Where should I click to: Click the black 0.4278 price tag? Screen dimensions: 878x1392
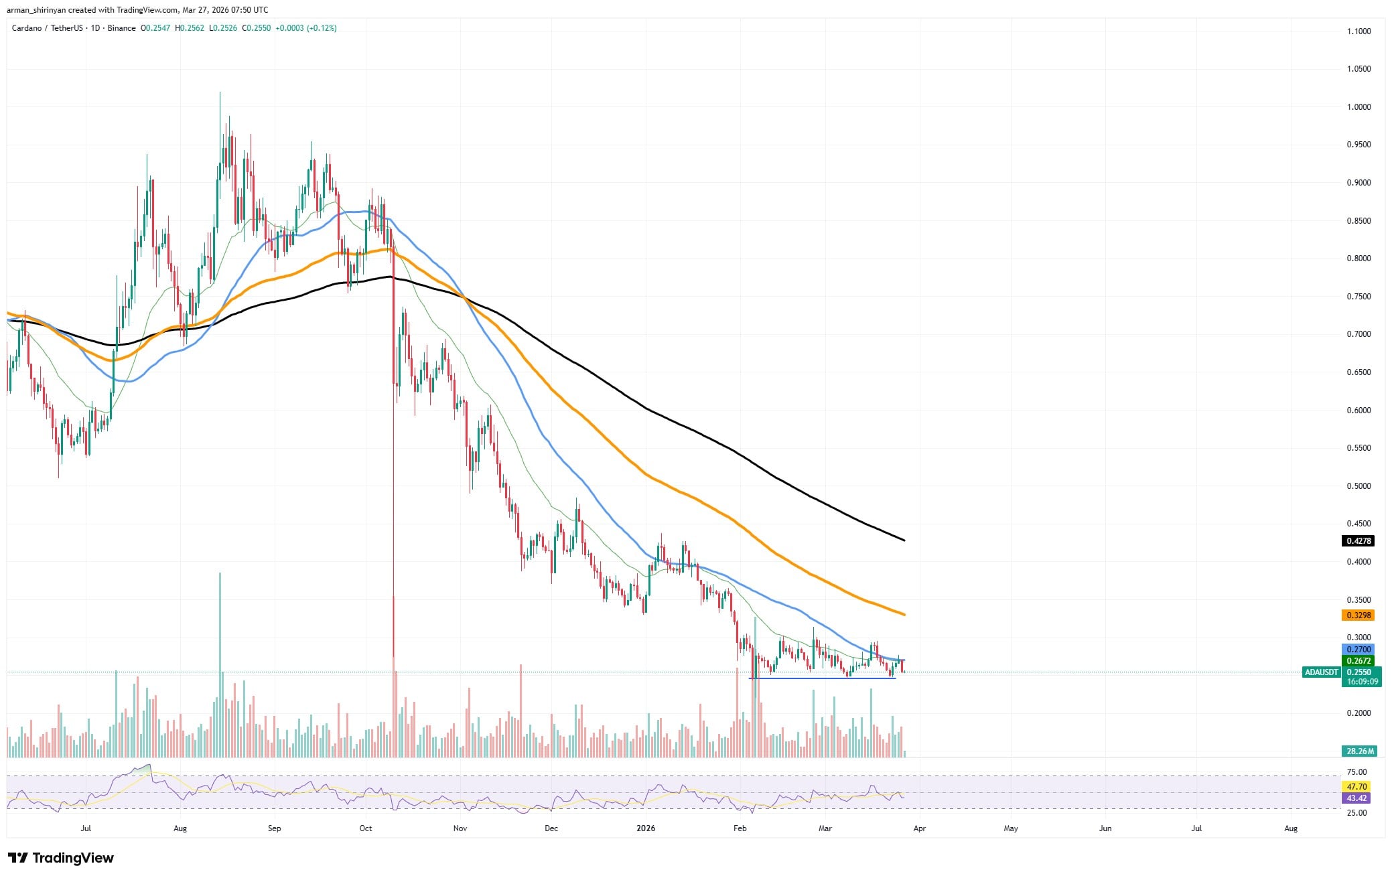(x=1357, y=540)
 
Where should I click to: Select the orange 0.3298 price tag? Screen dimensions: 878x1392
(x=1357, y=615)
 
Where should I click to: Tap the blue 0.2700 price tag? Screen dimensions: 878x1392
(x=1357, y=649)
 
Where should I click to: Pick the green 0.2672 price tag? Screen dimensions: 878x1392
(x=1357, y=660)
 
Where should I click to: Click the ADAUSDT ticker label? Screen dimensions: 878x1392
(x=1321, y=672)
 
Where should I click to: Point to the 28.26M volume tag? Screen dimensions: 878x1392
(x=1357, y=751)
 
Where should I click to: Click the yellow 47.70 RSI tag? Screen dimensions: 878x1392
(x=1357, y=786)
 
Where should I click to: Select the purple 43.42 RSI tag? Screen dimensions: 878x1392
(x=1357, y=798)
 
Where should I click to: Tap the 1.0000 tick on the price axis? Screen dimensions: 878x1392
(x=1353, y=107)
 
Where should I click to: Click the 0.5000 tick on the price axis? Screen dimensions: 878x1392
(x=1353, y=486)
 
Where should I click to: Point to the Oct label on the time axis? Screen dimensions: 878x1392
(x=366, y=828)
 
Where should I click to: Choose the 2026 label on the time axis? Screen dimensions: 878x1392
(x=645, y=828)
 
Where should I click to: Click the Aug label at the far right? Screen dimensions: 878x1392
(x=1291, y=828)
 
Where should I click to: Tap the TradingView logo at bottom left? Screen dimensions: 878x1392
(x=61, y=858)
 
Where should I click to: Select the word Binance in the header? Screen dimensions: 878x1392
(x=122, y=28)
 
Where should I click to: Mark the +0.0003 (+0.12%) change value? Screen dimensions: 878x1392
(x=305, y=28)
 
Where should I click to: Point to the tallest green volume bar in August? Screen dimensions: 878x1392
(x=220, y=663)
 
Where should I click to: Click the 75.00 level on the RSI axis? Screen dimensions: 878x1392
(x=1357, y=772)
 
